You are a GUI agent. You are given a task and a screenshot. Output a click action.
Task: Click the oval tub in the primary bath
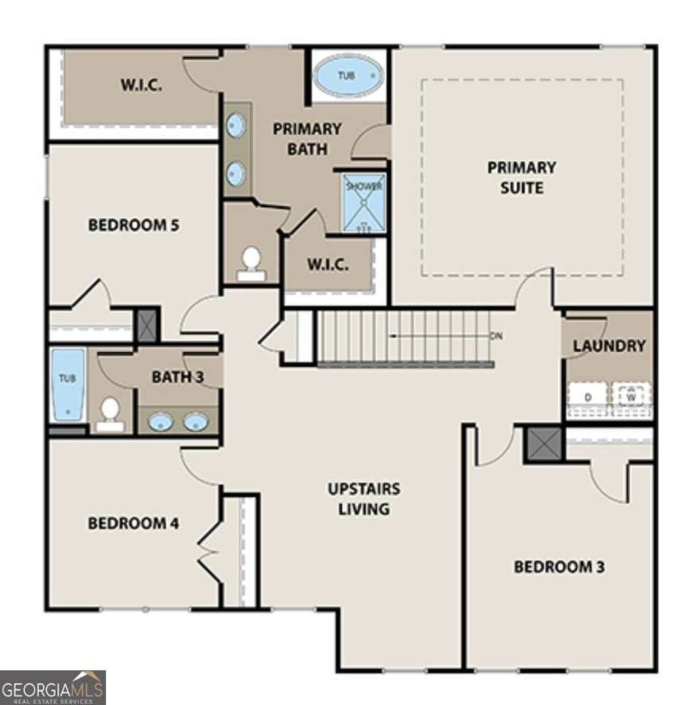[x=349, y=76]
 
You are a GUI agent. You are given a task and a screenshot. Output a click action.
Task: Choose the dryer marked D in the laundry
[x=587, y=397]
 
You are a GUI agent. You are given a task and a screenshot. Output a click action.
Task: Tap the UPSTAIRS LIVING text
[x=363, y=498]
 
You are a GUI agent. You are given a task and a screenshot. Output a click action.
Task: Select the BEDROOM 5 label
[x=133, y=225]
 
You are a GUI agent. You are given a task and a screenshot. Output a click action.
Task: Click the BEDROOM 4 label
[x=133, y=523]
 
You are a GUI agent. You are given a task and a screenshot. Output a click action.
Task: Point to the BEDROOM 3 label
[x=559, y=566]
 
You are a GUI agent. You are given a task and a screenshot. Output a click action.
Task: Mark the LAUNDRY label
[x=609, y=345]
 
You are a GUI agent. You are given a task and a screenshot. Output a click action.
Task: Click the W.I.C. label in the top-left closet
[x=141, y=86]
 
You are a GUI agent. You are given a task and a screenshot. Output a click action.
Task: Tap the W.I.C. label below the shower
[x=328, y=264]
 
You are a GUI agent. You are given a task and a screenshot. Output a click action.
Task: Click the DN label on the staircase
[x=496, y=336]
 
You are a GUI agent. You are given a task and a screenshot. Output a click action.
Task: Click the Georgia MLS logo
[x=53, y=687]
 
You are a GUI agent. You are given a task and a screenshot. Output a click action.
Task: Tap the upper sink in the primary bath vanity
[x=236, y=126]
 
